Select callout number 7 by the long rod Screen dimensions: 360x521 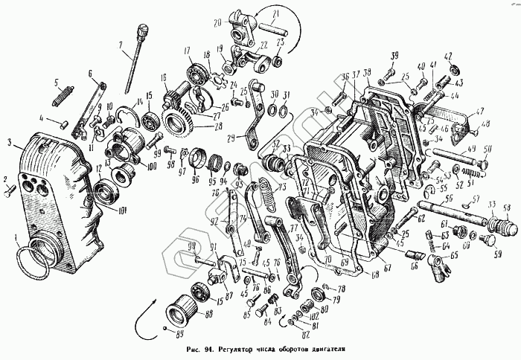click(119, 46)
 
